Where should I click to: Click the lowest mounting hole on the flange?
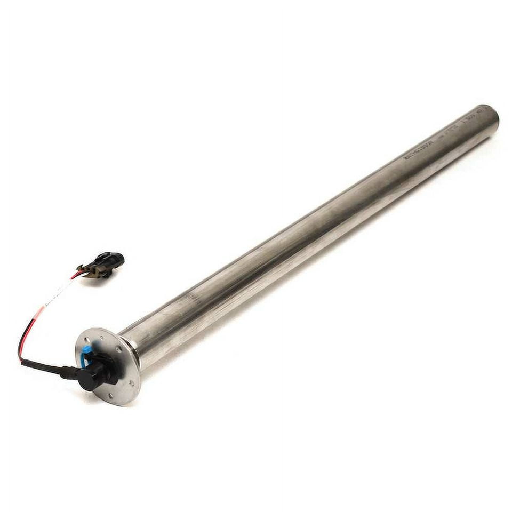(109, 395)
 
